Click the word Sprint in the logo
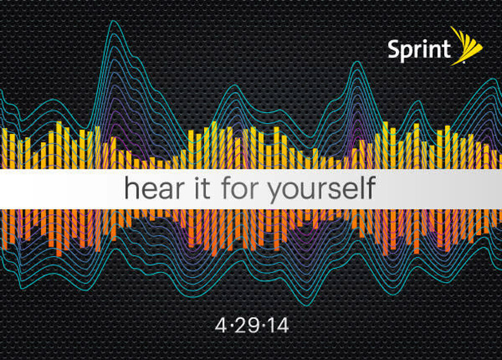419,50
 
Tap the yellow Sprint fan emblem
468,46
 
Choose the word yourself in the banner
321,189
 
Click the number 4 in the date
221,326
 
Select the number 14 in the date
277,326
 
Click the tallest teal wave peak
113,21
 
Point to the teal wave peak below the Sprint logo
358,62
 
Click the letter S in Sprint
394,49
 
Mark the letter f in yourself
371,187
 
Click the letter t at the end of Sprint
447,50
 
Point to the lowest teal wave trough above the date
307,305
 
